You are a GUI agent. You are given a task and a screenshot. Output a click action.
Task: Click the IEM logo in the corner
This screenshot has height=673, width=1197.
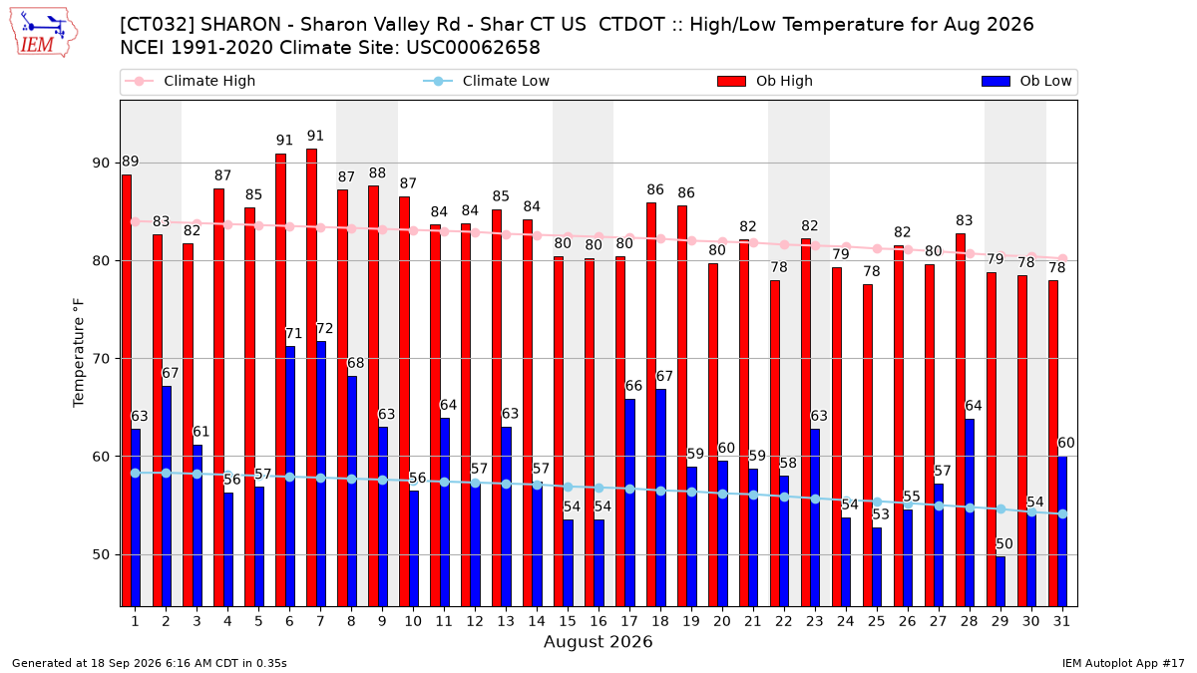(x=44, y=33)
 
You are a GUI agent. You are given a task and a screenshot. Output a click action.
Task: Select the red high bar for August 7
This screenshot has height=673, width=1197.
(x=311, y=378)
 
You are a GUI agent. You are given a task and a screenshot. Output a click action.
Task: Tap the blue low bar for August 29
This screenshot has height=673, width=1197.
(x=1000, y=581)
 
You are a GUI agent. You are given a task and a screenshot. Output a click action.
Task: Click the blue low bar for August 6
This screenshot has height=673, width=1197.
(x=290, y=477)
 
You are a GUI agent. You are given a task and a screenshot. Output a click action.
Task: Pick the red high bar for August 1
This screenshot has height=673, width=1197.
(x=127, y=391)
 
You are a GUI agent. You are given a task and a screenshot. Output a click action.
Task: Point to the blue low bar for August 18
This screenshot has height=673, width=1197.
(x=660, y=498)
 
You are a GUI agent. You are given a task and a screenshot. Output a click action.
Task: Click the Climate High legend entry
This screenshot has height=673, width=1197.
(x=191, y=81)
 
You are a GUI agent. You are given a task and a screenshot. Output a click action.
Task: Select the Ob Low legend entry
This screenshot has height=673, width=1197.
(x=1026, y=81)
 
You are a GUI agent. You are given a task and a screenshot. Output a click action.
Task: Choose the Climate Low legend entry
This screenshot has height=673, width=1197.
(x=487, y=81)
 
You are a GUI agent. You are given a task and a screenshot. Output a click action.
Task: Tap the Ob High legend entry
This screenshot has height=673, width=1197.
(x=765, y=81)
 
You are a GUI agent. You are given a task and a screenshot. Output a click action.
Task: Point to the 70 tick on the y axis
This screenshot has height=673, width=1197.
(x=101, y=359)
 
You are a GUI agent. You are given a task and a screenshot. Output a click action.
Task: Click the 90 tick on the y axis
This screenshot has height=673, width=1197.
(x=101, y=163)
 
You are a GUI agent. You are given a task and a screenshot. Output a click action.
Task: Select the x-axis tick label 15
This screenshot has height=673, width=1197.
(x=568, y=621)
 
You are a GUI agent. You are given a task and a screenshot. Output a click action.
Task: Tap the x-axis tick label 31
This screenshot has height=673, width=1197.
(x=1061, y=621)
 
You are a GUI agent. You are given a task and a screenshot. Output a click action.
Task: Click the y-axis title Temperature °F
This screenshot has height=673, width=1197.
(x=79, y=353)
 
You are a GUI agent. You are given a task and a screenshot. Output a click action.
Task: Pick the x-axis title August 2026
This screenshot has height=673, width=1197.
(x=598, y=641)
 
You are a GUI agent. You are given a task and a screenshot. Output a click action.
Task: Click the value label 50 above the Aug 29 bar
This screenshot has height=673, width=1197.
(x=1004, y=544)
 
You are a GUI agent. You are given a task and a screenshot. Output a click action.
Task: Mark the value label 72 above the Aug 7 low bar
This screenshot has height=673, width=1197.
(x=325, y=328)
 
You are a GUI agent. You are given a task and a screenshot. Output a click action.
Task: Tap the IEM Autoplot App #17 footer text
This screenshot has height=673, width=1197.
(x=1123, y=663)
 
